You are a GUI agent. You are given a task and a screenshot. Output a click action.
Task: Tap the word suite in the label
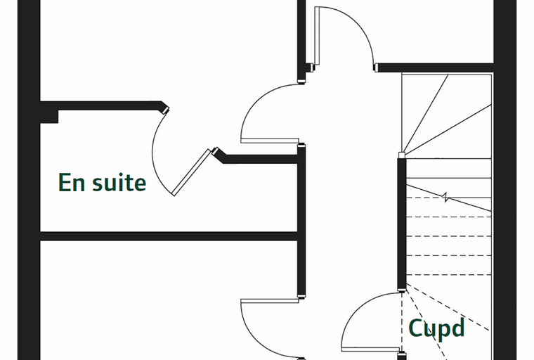point(119,182)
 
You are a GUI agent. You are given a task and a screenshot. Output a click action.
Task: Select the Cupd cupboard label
point(436,328)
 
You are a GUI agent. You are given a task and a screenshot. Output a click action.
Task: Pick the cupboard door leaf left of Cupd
point(370,349)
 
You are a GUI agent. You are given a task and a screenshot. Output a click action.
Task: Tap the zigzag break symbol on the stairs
point(445,197)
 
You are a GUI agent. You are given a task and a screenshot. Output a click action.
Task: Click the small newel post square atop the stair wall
point(402,155)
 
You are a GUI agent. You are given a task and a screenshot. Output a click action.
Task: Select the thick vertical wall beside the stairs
point(402,224)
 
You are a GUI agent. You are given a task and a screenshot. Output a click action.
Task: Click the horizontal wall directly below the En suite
point(169,236)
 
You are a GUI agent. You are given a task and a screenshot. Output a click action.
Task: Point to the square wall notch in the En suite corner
point(49,117)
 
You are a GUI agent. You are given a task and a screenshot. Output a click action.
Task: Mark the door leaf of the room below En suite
point(270,301)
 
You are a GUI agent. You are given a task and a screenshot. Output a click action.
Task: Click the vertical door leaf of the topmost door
point(317,35)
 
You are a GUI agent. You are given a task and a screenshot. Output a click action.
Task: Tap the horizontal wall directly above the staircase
point(434,67)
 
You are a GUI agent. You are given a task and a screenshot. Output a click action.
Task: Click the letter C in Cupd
point(415,328)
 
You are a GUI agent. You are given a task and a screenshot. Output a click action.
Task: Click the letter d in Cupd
point(458,328)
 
